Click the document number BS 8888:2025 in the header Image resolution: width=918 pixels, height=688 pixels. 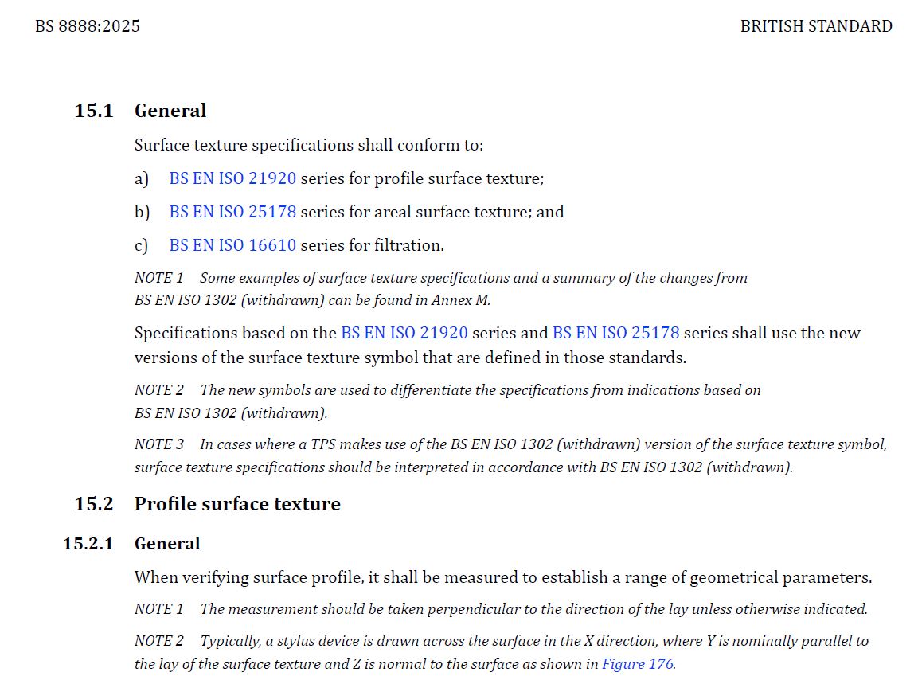(88, 26)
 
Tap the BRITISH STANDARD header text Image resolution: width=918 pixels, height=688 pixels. (815, 26)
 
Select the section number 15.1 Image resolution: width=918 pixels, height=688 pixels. (94, 111)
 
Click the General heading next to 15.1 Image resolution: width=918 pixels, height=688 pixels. (170, 111)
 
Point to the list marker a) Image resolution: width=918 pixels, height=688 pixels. (142, 178)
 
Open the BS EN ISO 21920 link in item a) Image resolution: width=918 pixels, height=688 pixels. (232, 178)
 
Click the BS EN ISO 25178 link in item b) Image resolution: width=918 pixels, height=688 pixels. (232, 212)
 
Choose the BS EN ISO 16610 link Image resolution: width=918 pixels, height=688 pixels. (232, 245)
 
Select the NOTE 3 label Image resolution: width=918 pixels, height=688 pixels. (158, 444)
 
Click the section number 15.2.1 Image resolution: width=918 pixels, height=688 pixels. (88, 544)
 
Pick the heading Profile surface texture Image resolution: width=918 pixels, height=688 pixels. (237, 504)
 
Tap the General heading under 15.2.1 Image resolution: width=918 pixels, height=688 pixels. (167, 544)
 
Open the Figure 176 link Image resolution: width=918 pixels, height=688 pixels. (638, 663)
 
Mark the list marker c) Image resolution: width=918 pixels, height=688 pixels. (142, 245)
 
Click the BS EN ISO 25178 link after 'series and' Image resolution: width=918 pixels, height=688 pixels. (615, 333)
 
